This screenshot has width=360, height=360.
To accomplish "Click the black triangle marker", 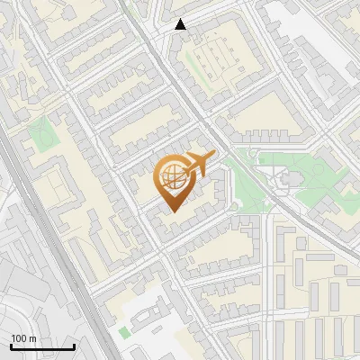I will [x=181, y=24].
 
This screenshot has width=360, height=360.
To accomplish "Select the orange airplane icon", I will [x=199, y=164].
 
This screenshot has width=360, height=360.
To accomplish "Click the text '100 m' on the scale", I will [x=23, y=338].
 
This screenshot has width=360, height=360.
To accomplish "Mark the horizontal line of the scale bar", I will [x=42, y=346].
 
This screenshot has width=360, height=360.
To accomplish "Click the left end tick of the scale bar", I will [x=11, y=345].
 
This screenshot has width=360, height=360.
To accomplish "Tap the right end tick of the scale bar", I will [x=74, y=345].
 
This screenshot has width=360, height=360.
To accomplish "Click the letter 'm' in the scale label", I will [x=32, y=338].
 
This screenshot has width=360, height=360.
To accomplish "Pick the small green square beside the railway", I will [x=123, y=332].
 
